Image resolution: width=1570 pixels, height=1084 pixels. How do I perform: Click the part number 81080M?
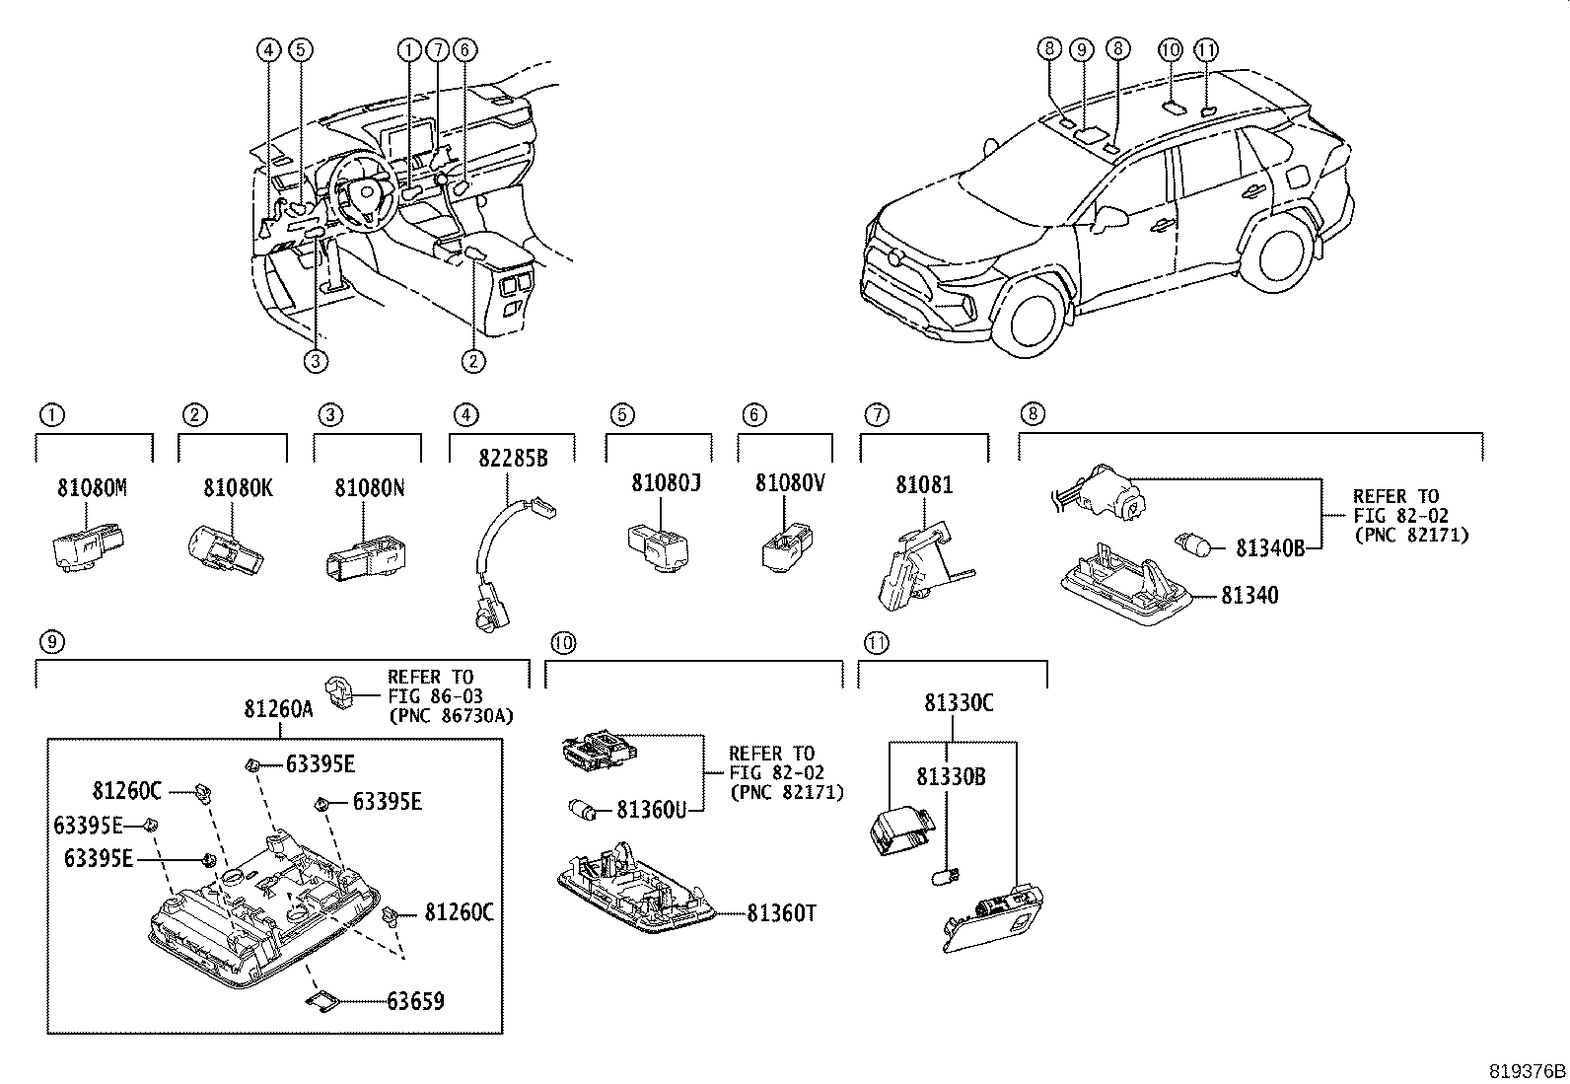point(93,487)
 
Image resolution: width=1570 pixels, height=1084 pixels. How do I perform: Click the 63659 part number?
point(415,1002)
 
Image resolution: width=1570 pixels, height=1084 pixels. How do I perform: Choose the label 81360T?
point(781,913)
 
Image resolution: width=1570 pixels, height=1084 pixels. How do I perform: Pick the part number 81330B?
point(951,777)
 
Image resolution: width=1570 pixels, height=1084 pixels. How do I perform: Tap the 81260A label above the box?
point(279,708)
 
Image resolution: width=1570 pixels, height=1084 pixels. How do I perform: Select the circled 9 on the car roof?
point(1082,48)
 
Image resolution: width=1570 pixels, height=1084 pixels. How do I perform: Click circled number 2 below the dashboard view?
point(473,361)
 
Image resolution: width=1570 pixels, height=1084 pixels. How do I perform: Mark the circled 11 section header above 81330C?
point(876,643)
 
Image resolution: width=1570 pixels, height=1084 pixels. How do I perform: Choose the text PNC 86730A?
point(450,714)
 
